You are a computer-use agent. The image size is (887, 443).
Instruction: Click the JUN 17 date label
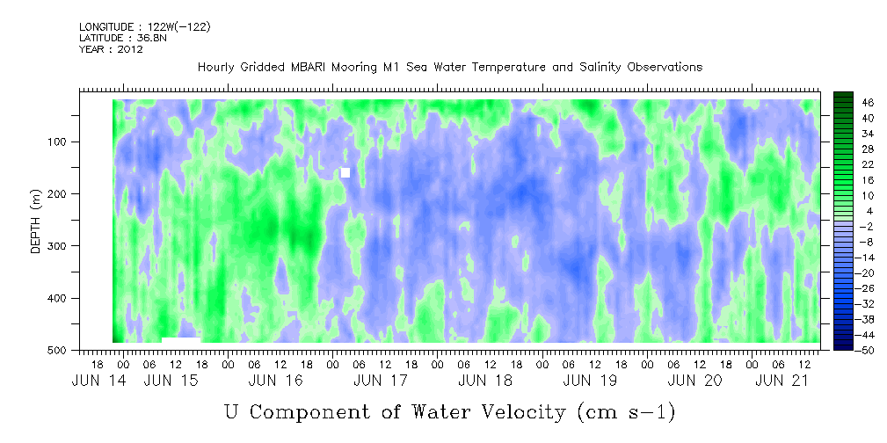[380, 381]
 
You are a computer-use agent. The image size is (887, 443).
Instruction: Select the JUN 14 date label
[98, 381]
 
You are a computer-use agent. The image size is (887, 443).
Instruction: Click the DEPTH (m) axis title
[36, 225]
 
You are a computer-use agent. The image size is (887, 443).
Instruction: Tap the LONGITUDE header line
[145, 27]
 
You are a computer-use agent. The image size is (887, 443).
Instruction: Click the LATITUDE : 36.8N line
[123, 38]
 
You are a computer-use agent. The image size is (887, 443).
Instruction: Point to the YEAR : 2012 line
[111, 49]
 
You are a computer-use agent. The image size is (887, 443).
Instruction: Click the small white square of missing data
[345, 172]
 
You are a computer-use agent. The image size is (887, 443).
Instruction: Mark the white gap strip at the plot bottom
[181, 339]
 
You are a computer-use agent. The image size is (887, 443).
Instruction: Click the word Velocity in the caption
[517, 412]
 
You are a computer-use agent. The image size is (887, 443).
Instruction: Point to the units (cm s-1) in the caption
[627, 413]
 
